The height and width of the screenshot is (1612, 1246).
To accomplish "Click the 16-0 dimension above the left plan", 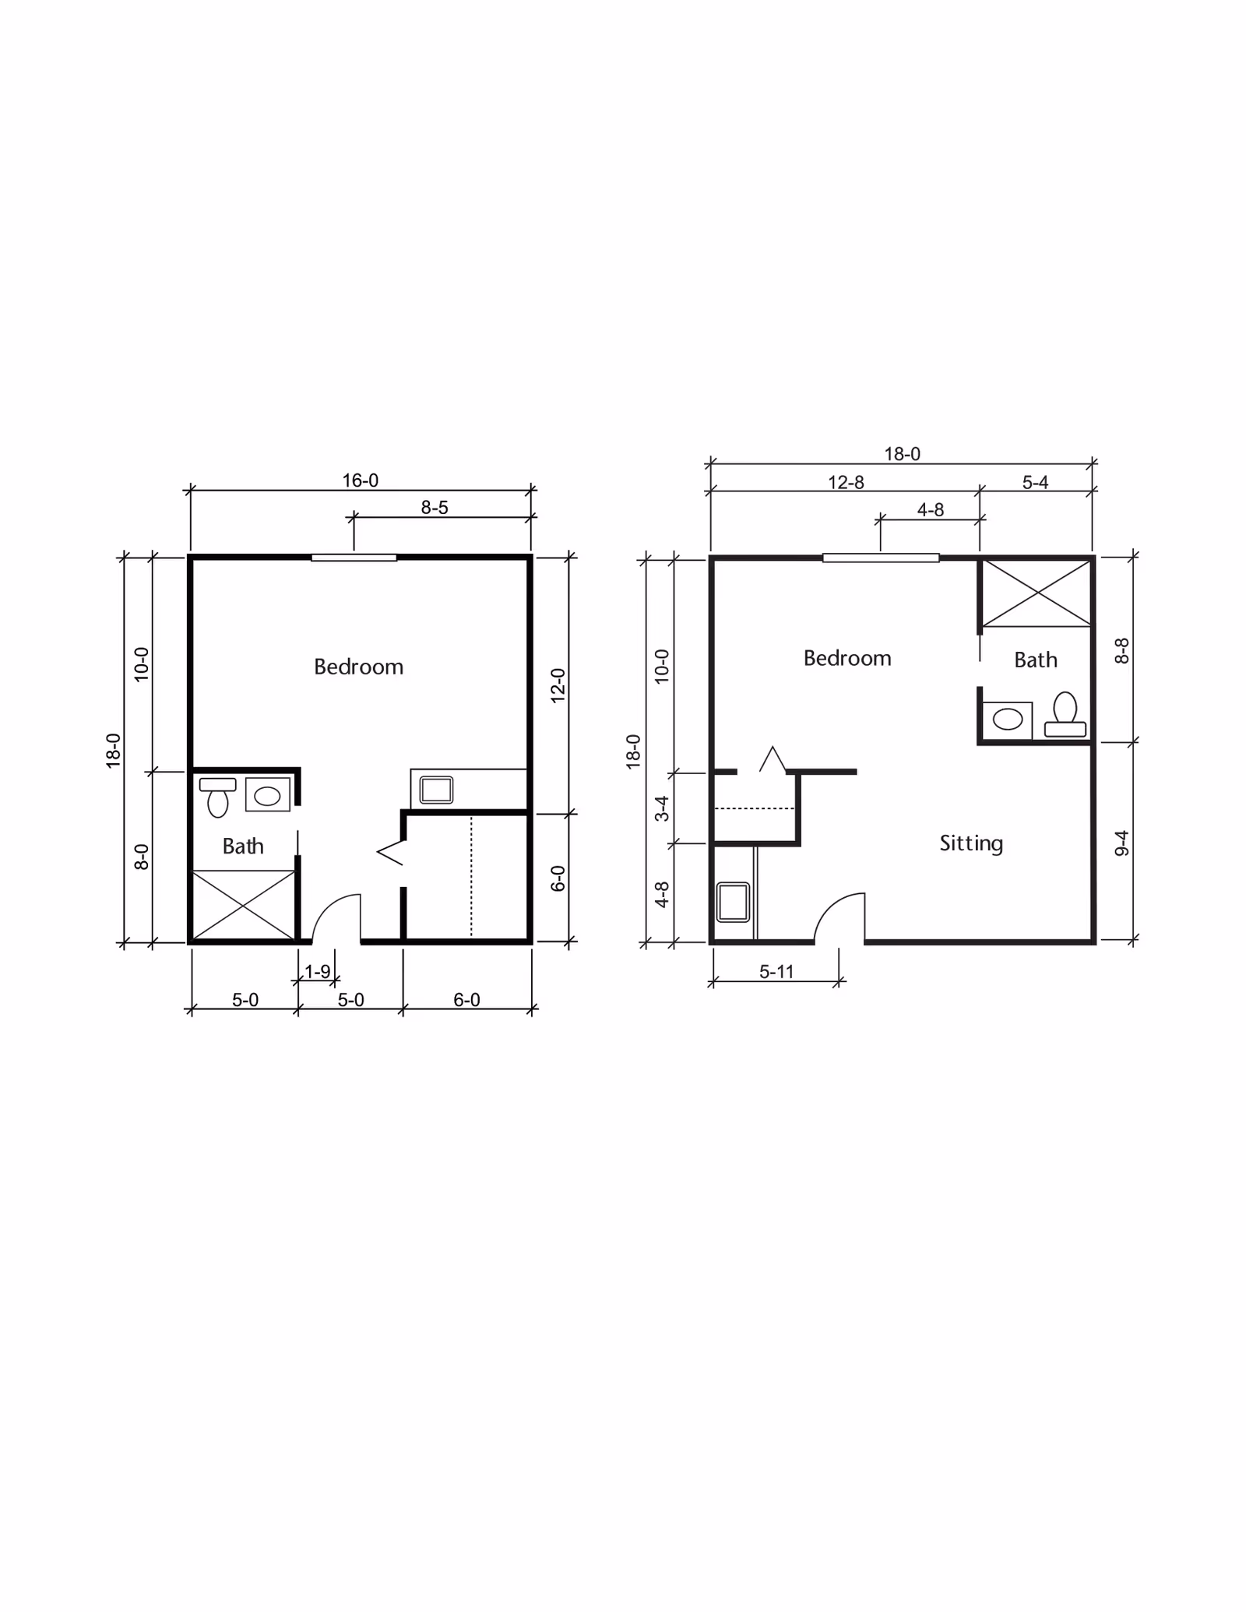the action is tap(361, 480).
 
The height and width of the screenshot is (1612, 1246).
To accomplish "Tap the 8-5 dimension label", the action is tap(435, 508).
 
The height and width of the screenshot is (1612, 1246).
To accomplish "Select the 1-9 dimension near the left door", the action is tap(318, 971).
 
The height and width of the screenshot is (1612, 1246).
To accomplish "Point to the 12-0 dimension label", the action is tap(558, 685).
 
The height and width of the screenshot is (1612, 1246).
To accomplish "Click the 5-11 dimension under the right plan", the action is tap(776, 971).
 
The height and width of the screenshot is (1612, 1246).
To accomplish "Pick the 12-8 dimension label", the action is tap(846, 483).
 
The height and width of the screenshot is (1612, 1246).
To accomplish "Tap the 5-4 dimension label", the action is tap(1035, 483).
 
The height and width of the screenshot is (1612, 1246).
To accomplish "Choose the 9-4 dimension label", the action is tap(1121, 843).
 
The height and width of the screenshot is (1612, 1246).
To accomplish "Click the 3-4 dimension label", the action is tap(662, 808).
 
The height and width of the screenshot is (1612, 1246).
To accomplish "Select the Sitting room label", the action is tap(971, 843).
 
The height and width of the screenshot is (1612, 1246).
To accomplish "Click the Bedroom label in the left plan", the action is tap(358, 667).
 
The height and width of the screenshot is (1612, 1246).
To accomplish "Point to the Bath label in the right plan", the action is tap(1036, 660).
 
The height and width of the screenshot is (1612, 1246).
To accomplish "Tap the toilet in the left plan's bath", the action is tap(218, 797).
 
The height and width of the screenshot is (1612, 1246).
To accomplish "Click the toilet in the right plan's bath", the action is tap(1065, 715).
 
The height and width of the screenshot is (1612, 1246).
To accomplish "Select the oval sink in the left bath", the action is tap(267, 795).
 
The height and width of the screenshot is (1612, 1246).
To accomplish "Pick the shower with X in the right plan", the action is tap(1037, 593).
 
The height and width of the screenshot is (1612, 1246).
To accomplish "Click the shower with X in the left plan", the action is tap(243, 905).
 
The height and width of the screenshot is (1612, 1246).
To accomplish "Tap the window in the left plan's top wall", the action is tap(354, 558).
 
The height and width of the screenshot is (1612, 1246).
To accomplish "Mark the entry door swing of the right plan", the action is tap(839, 917).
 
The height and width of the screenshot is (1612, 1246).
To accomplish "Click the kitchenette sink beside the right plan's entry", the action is tap(733, 902).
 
